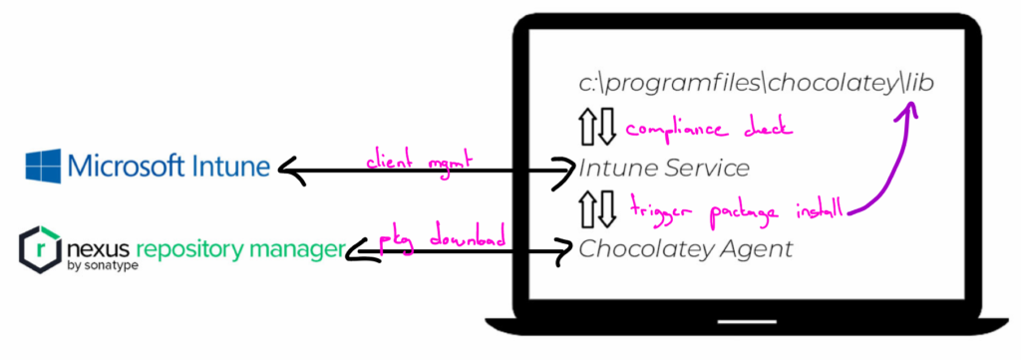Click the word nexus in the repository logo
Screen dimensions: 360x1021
tap(95, 248)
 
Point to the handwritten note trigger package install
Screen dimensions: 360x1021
tap(737, 208)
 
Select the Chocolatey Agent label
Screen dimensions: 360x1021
tap(687, 249)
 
